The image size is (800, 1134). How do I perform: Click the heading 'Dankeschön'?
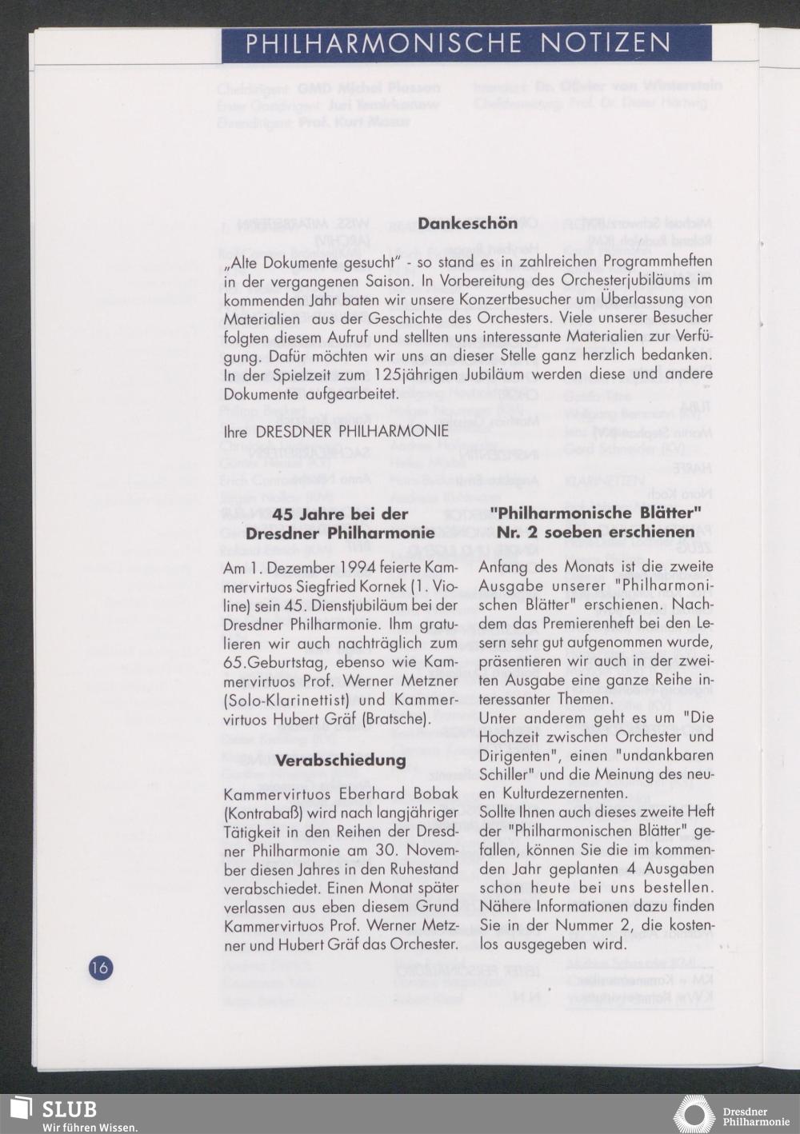tap(467, 224)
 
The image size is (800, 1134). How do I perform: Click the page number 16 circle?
tap(101, 968)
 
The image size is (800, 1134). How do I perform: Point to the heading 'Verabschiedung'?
tap(341, 760)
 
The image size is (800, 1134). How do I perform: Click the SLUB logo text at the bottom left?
tap(70, 1109)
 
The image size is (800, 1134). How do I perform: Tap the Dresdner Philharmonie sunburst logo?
tap(694, 1114)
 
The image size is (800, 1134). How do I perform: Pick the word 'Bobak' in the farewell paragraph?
tap(432, 794)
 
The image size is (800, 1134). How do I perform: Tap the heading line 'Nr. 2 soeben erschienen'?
tap(595, 532)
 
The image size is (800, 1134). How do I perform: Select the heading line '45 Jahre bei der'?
tap(341, 514)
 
